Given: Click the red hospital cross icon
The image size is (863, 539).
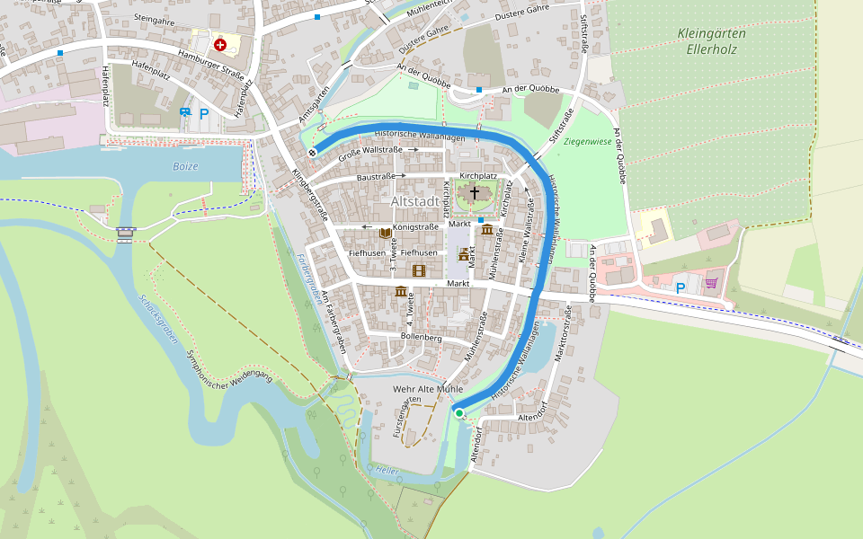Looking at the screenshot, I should pyautogui.click(x=219, y=44).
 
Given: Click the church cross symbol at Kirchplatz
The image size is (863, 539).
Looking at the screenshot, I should pyautogui.click(x=474, y=192).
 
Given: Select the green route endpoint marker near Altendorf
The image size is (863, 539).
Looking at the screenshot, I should pyautogui.click(x=459, y=412).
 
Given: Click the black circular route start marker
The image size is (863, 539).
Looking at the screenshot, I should pyautogui.click(x=312, y=153).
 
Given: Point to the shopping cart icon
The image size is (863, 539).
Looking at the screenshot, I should pyautogui.click(x=711, y=283).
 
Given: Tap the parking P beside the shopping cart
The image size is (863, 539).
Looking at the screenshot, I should pyautogui.click(x=681, y=287).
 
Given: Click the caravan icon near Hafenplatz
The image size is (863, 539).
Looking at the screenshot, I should pyautogui.click(x=185, y=112).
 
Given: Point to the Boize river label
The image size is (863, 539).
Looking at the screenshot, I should pyautogui.click(x=185, y=166).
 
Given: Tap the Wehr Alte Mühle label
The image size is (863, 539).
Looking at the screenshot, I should pyautogui.click(x=428, y=389).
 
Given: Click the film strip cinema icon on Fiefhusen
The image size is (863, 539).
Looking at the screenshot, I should pyautogui.click(x=418, y=269).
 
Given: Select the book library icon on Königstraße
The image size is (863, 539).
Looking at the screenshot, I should pyautogui.click(x=385, y=234).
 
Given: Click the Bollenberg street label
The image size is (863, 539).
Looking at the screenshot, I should pyautogui.click(x=421, y=338).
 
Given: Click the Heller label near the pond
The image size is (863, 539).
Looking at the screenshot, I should pyautogui.click(x=387, y=470).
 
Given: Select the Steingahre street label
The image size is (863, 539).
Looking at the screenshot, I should pyautogui.click(x=152, y=17).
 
